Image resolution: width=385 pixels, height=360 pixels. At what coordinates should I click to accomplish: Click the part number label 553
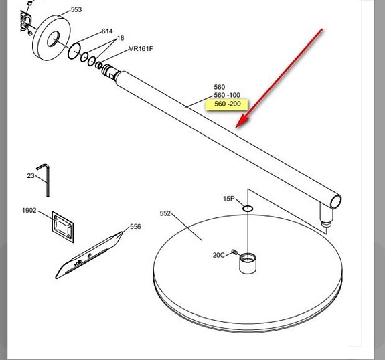[76, 10]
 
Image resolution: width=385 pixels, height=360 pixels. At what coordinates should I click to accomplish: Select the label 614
[107, 31]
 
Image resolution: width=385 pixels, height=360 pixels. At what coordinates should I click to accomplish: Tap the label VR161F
[141, 49]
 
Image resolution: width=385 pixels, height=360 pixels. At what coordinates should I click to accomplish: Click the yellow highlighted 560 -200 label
[227, 104]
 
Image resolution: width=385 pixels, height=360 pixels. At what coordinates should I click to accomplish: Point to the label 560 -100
[227, 95]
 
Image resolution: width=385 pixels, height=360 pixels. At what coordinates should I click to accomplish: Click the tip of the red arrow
[236, 128]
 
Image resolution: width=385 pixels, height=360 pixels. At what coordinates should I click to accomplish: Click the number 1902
[29, 210]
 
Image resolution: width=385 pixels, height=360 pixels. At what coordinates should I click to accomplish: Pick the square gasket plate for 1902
[63, 227]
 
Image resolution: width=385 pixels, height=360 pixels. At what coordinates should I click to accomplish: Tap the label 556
[135, 226]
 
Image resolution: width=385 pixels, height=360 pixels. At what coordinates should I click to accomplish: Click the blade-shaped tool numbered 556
[89, 255]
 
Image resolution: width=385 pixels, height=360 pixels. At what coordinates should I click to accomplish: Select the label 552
[165, 213]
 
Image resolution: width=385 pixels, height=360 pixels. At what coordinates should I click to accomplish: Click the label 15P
[229, 199]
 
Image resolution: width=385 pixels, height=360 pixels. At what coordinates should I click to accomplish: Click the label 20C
[219, 255]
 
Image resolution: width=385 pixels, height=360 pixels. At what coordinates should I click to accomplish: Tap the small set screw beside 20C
[234, 252]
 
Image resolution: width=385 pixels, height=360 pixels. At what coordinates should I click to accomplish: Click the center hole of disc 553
[54, 39]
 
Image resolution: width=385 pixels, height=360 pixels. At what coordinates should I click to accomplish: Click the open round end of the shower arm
[335, 201]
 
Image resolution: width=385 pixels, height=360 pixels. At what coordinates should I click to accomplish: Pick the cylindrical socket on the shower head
[248, 263]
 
